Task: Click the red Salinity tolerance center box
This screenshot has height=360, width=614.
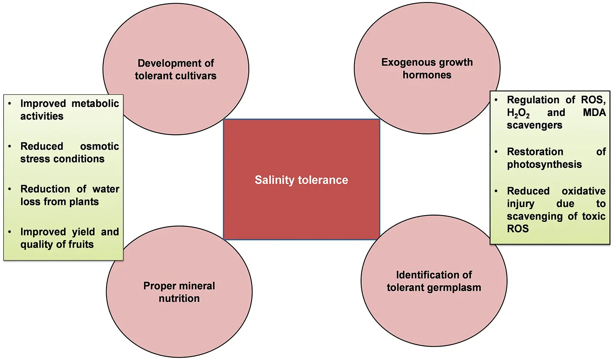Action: coord(302,179)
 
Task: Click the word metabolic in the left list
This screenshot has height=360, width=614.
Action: coord(95,103)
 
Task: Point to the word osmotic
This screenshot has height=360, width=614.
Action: coord(100,146)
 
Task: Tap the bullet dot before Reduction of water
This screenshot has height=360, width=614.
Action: coord(10,189)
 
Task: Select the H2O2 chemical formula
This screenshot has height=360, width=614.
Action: coord(518,113)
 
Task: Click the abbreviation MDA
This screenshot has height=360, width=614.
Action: coord(594,112)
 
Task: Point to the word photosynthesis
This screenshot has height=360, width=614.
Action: coord(544,164)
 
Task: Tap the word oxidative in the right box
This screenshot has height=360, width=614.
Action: coord(584,190)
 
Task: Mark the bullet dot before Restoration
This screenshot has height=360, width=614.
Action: coord(496,151)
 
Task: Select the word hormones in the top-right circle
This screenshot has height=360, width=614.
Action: coord(427,74)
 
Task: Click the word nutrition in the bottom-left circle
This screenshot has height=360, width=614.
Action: coord(179,298)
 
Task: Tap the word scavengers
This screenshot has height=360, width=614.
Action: coord(535,125)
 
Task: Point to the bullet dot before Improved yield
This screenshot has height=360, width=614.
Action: coord(10,232)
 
